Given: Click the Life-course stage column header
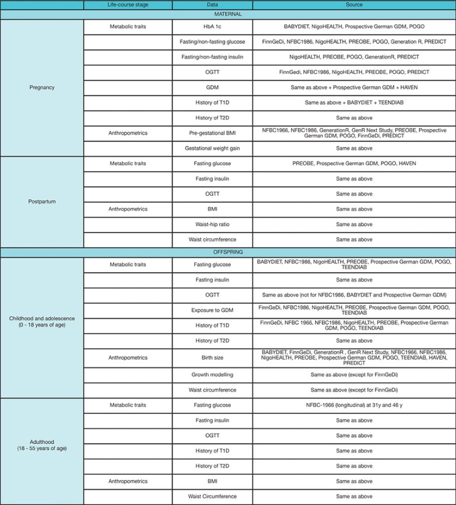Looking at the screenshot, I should click(128, 5).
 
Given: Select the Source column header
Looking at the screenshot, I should click(354, 5).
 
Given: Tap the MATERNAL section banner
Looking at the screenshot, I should click(228, 14).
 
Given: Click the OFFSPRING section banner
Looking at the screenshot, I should click(228, 252).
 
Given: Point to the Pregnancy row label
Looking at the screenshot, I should click(42, 87).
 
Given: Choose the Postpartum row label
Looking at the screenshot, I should click(42, 201).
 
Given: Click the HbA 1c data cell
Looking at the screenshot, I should click(212, 27).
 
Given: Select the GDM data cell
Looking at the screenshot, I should click(212, 87).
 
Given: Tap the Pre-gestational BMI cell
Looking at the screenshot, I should click(212, 133).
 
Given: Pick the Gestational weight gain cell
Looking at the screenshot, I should click(212, 148).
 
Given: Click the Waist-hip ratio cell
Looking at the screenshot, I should click(212, 224).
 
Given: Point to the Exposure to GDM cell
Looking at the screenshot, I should click(212, 310).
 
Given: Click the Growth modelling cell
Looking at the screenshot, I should click(212, 375).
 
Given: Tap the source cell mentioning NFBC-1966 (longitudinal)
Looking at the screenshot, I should click(354, 405).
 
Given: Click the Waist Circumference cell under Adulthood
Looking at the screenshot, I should click(212, 496).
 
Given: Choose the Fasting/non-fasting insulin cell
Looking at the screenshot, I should click(212, 57).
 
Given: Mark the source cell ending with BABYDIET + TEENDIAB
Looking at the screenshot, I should click(354, 103).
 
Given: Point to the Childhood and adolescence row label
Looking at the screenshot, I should click(42, 322).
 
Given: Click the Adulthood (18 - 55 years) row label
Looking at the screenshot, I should click(42, 445).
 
